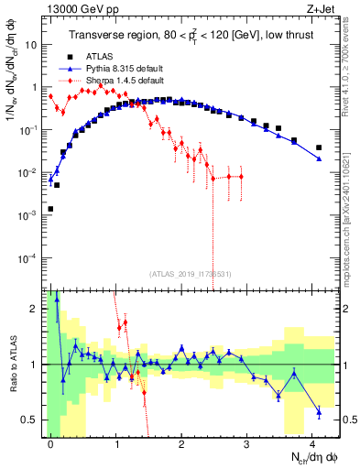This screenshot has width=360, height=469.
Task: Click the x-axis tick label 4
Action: (312, 443)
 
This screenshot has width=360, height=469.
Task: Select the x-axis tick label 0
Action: (50, 443)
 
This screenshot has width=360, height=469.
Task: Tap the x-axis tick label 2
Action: (181, 443)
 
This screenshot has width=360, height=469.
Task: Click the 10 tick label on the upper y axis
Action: (30, 44)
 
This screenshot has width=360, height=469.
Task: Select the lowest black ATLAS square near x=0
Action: (50, 209)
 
